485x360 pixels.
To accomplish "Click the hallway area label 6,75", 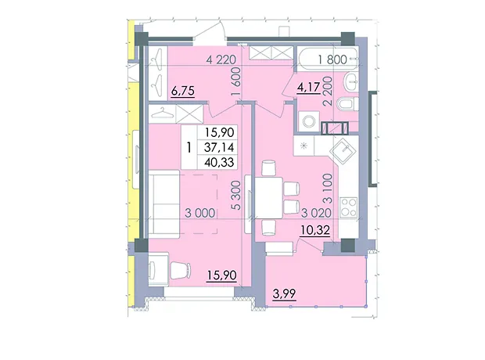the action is [x=182, y=91].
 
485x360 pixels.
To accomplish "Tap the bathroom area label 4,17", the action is [x=308, y=88].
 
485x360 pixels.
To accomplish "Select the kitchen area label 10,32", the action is [x=315, y=230].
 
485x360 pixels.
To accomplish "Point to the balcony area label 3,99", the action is [x=284, y=293].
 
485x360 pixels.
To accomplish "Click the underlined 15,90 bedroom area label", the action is [x=222, y=275].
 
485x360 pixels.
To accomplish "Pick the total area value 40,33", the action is [x=219, y=162].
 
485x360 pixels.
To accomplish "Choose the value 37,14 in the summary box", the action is [x=219, y=147].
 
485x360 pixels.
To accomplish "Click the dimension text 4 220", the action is [x=221, y=59].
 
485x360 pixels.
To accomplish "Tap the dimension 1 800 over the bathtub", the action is [x=332, y=59].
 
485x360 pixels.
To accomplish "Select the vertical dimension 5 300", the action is [x=236, y=196].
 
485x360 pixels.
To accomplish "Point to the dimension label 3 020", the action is [x=316, y=213].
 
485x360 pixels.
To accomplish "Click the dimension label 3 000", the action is [x=199, y=213].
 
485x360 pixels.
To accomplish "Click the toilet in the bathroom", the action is [x=347, y=104].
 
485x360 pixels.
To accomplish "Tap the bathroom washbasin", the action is [x=352, y=82].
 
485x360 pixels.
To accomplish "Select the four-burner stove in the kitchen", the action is [x=349, y=207].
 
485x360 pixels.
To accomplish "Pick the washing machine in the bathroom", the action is [x=309, y=121].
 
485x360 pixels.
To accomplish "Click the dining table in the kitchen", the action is [x=268, y=198].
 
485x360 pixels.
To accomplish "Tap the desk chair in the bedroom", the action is [x=181, y=270].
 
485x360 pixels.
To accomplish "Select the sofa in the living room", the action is [x=164, y=203].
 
